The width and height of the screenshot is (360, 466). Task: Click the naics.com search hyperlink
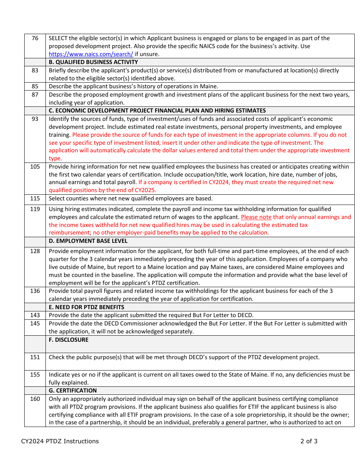[91, 54]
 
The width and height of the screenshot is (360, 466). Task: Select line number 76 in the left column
[35, 38]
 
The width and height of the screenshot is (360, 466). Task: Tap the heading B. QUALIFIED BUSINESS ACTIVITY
[93, 62]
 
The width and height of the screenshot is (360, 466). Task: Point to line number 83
[35, 70]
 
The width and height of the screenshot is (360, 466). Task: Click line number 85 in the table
[35, 86]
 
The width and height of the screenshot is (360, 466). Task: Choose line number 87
[35, 95]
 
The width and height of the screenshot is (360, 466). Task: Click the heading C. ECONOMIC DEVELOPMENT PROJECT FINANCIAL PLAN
[157, 111]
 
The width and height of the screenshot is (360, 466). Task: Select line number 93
[35, 119]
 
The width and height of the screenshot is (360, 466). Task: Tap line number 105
[35, 167]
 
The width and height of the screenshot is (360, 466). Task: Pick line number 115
[35, 199]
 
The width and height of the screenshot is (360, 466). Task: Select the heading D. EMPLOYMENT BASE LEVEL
[88, 241]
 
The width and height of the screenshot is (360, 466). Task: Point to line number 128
[35, 251]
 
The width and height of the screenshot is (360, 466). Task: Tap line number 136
[35, 291]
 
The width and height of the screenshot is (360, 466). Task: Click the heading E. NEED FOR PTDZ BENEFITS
[86, 307]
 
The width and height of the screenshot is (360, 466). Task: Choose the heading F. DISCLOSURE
[69, 340]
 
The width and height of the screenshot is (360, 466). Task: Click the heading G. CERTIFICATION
[73, 391]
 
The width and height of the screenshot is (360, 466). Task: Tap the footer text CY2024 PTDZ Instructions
[60, 441]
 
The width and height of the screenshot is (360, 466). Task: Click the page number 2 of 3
[309, 441]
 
